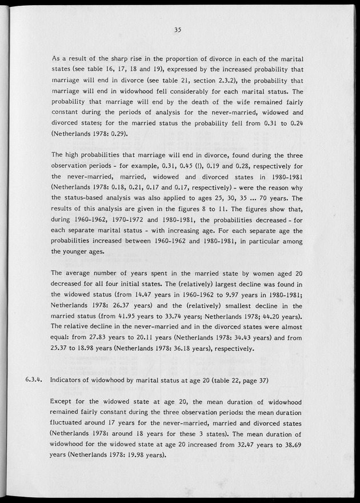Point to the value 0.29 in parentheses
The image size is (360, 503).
[x=116, y=134]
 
